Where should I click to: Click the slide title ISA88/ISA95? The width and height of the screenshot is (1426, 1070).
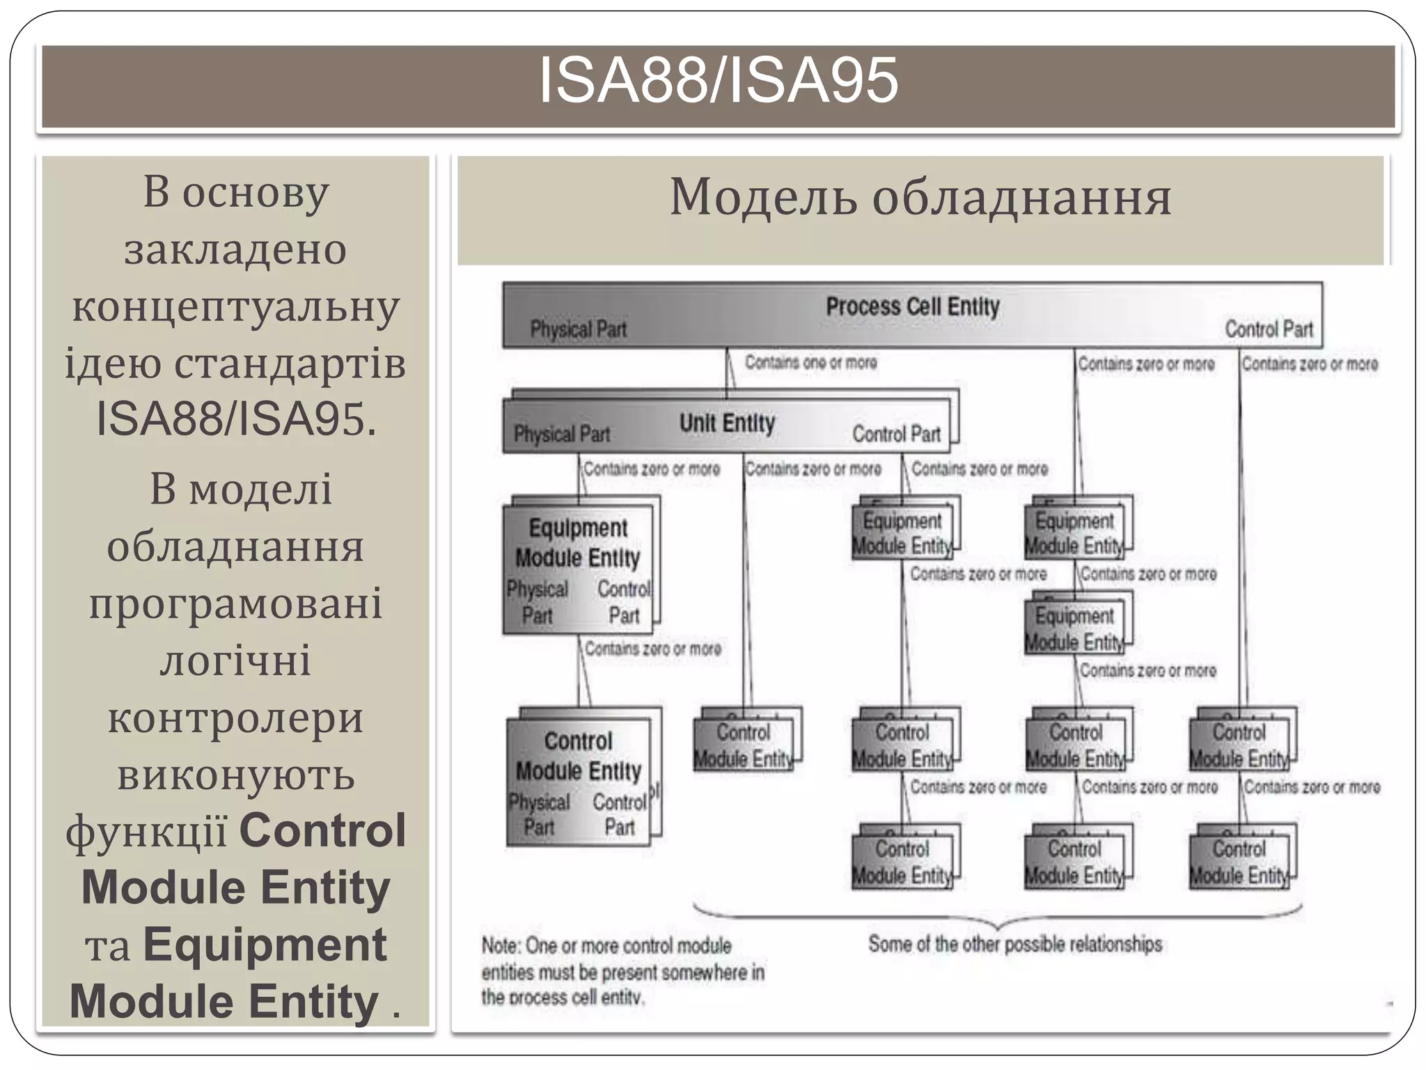(x=719, y=82)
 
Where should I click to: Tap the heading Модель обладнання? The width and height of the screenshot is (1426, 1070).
(x=920, y=198)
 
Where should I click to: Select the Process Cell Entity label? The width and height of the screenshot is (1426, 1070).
(x=912, y=307)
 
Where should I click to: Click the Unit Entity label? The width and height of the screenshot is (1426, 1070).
(x=727, y=423)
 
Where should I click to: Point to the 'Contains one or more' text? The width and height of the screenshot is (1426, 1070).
(x=810, y=362)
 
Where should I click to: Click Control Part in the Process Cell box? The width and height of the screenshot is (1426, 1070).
(x=1269, y=329)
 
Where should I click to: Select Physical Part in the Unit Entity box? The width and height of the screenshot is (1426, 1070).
(x=561, y=435)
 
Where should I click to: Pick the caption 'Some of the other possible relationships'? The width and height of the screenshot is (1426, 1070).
(x=1014, y=945)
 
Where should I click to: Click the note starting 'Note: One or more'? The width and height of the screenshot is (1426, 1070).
(x=622, y=971)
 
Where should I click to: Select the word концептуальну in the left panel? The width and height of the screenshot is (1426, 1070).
(x=235, y=307)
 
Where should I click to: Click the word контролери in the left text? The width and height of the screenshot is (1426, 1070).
(x=235, y=718)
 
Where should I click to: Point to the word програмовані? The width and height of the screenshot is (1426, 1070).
(x=235, y=603)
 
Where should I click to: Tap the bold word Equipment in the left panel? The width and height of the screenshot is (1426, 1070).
(x=265, y=945)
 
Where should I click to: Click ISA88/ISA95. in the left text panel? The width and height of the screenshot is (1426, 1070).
(x=235, y=419)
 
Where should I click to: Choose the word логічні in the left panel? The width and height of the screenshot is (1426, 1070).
(x=235, y=660)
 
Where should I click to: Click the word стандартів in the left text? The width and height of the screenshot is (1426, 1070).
(x=289, y=364)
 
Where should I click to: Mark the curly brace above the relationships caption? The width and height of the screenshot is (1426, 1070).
(x=997, y=917)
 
